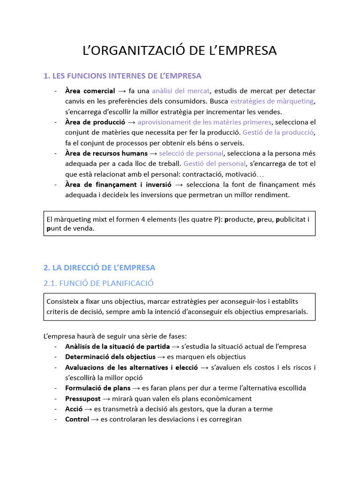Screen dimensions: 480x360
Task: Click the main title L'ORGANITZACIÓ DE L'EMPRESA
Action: (180, 50)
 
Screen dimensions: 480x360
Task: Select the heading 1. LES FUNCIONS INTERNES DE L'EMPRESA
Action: (122, 75)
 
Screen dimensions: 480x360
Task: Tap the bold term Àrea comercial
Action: (90, 91)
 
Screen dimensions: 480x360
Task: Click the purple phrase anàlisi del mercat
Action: (181, 91)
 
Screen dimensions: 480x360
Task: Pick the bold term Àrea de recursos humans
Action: (106, 153)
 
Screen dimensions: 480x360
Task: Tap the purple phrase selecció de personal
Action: (191, 153)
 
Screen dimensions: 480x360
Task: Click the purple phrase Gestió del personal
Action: (215, 164)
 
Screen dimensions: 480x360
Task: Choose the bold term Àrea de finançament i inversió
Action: (119, 184)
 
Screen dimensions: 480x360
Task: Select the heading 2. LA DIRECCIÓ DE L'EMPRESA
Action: (99, 268)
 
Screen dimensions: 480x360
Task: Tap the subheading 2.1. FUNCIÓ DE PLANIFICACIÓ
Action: (98, 283)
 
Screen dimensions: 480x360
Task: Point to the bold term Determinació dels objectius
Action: (110, 357)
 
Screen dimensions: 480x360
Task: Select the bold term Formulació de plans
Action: (98, 388)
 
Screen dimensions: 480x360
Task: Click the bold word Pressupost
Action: (83, 398)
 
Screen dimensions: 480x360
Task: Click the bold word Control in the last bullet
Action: (77, 419)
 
